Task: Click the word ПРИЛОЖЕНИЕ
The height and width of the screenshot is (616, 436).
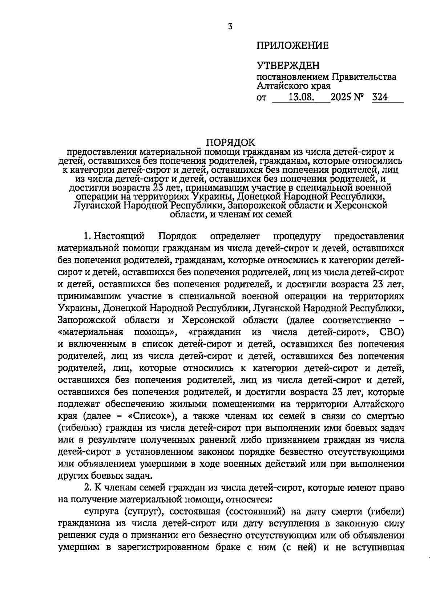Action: point(292,46)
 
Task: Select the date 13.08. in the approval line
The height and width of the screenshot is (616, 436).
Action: point(301,97)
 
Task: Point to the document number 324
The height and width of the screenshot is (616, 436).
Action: point(380,97)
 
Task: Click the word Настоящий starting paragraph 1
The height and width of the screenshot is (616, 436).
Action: point(119,236)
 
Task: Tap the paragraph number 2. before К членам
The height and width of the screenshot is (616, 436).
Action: point(88,488)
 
